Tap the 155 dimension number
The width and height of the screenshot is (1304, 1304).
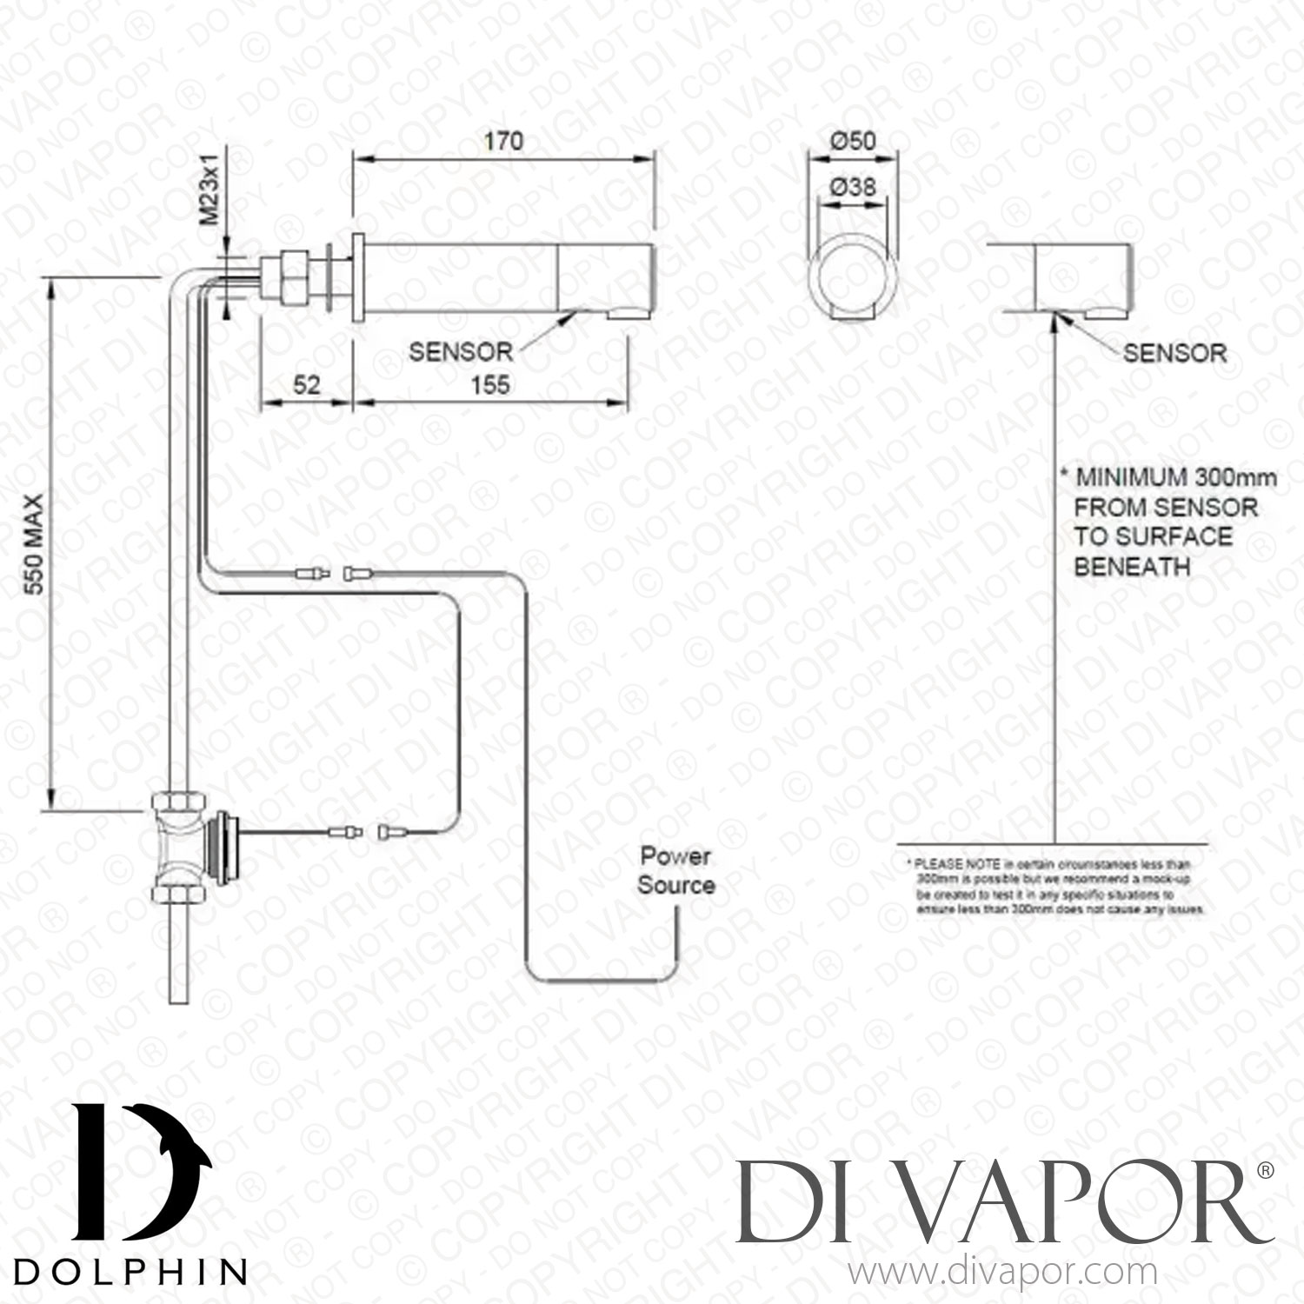click(x=489, y=385)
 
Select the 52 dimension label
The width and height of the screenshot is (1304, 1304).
click(x=307, y=385)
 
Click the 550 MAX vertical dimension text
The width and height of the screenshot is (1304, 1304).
click(x=34, y=544)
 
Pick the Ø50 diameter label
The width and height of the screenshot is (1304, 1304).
click(x=852, y=141)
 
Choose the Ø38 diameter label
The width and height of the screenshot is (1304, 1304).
click(x=852, y=186)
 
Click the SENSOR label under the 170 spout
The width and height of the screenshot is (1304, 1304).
click(x=461, y=352)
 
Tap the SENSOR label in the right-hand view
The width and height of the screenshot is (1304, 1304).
click(x=1174, y=353)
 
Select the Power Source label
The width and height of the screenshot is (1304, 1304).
click(x=675, y=871)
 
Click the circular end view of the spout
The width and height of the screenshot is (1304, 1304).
click(x=851, y=279)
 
